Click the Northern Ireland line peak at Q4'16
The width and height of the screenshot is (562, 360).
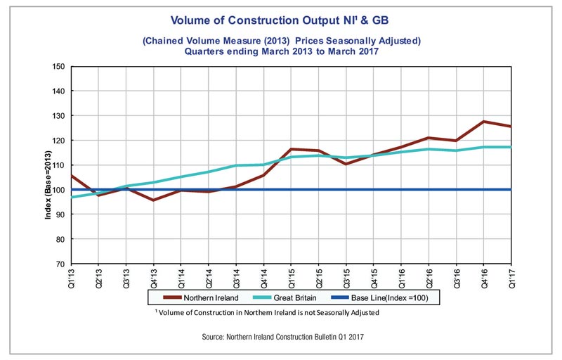tap(485, 122)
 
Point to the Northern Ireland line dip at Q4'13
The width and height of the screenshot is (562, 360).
tap(153, 200)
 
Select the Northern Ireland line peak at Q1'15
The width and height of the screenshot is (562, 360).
tap(291, 149)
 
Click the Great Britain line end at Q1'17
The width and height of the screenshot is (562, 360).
tap(511, 147)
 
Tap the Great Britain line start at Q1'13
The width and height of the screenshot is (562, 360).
tap(72, 197)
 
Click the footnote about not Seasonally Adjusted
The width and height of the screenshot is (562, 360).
tap(268, 312)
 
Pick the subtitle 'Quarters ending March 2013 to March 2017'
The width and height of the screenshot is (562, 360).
tap(280, 51)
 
